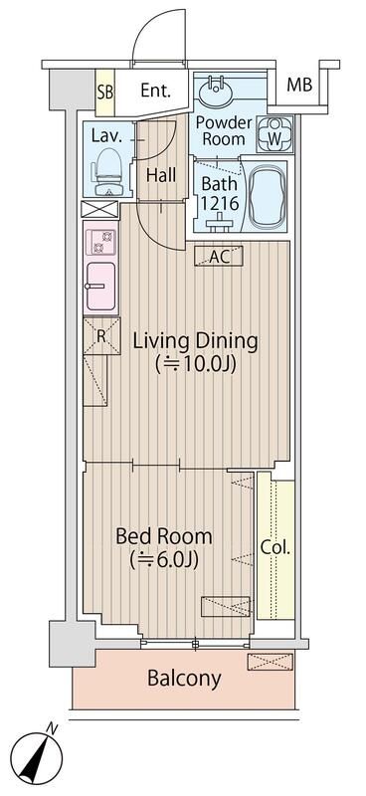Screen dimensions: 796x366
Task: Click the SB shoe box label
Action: [x=104, y=91]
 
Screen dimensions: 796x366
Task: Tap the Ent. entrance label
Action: [x=155, y=91]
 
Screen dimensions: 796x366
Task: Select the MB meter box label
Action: [x=299, y=86]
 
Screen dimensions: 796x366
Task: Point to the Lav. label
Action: [x=106, y=136]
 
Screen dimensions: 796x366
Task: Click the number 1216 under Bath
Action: [x=219, y=203]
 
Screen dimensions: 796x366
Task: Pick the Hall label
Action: [x=160, y=175]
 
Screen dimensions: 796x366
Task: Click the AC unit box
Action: [x=219, y=256]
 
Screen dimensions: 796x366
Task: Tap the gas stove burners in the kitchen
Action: [x=100, y=241]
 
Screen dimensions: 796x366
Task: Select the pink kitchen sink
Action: [x=100, y=287]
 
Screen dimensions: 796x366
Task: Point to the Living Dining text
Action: [x=195, y=341]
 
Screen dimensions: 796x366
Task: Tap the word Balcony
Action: [x=183, y=680]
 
